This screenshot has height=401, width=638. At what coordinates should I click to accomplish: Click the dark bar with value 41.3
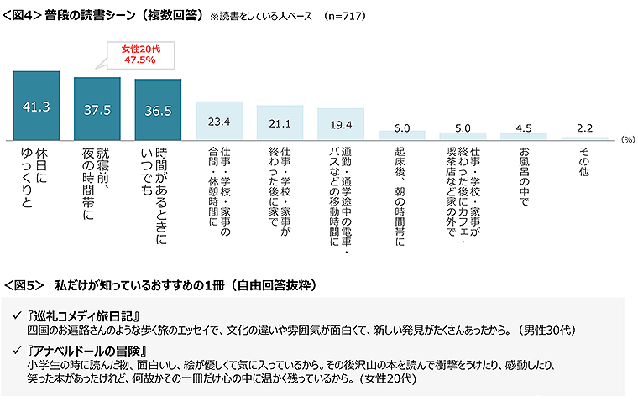[35, 107]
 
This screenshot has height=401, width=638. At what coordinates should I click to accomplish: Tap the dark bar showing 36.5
[158, 110]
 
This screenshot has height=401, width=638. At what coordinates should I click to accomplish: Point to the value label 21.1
[280, 125]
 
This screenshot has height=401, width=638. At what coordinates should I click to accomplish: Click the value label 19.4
[341, 125]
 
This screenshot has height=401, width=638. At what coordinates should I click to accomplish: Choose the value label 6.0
[401, 128]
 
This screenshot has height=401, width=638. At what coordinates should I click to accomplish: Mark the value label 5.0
[463, 128]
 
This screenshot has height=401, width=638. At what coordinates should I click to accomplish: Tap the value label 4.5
[523, 128]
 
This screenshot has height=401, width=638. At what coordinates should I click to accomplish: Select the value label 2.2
[584, 128]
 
